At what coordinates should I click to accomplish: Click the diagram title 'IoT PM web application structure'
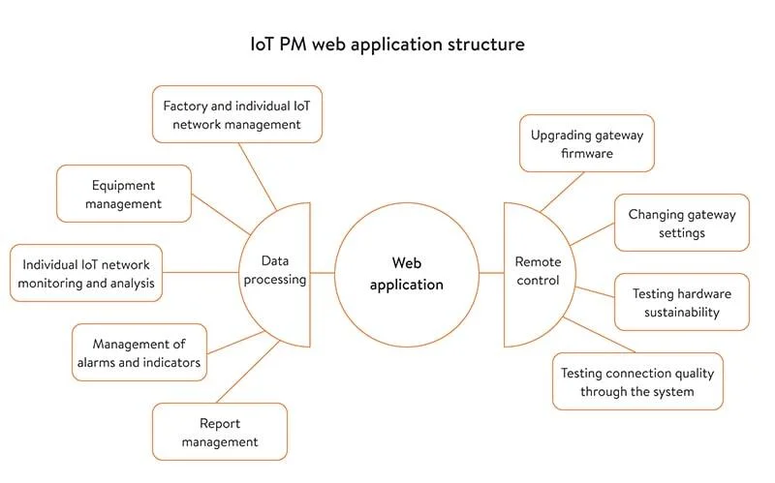pos(387,45)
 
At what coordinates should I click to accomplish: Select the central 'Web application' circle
pos(407,272)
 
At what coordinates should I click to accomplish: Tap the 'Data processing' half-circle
pos(282,270)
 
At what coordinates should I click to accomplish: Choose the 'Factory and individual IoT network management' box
pos(237,114)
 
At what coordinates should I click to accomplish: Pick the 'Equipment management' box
pos(124,194)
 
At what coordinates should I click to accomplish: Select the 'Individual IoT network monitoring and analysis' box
pos(86,273)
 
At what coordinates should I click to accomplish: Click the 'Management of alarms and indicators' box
pos(139,352)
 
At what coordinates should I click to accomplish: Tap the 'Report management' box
pos(220,432)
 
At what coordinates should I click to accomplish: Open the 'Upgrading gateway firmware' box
pos(585,143)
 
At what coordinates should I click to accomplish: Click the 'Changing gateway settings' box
pos(682,223)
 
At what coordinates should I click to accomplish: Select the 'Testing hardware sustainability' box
pos(682,302)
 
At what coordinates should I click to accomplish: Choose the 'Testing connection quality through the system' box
pos(637,381)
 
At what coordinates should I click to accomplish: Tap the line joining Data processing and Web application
pos(323,272)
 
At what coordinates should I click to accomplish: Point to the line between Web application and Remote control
pos(491,272)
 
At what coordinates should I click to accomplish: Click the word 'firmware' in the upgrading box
pos(586,153)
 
